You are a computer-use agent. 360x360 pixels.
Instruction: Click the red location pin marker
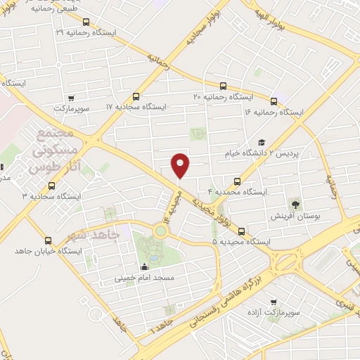(x=181, y=165)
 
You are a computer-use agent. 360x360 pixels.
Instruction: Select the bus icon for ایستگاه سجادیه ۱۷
(x=136, y=96)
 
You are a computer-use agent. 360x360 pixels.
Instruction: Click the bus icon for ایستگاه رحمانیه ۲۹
(x=86, y=22)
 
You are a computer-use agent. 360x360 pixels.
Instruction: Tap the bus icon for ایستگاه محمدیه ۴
(x=238, y=181)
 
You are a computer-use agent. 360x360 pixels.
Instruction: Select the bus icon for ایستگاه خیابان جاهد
(x=49, y=240)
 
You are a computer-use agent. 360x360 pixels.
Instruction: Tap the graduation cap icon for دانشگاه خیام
(x=262, y=143)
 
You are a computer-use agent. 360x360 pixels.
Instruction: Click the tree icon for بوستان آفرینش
(x=296, y=205)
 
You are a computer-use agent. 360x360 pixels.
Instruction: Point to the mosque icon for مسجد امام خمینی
(x=145, y=266)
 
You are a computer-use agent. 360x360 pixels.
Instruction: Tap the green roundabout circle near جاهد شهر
(x=161, y=229)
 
